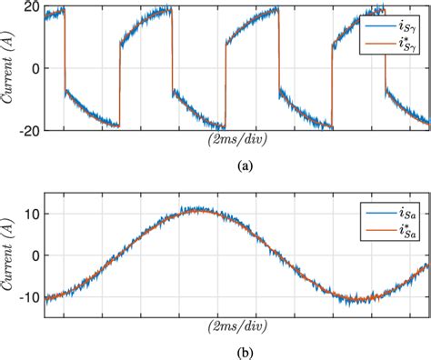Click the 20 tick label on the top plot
30,7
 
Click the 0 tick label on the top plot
34,68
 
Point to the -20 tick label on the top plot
27,130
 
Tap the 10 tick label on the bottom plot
30,214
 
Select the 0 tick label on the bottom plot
34,255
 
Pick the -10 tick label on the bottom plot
27,296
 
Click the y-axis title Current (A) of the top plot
10,68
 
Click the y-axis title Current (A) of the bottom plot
10,255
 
